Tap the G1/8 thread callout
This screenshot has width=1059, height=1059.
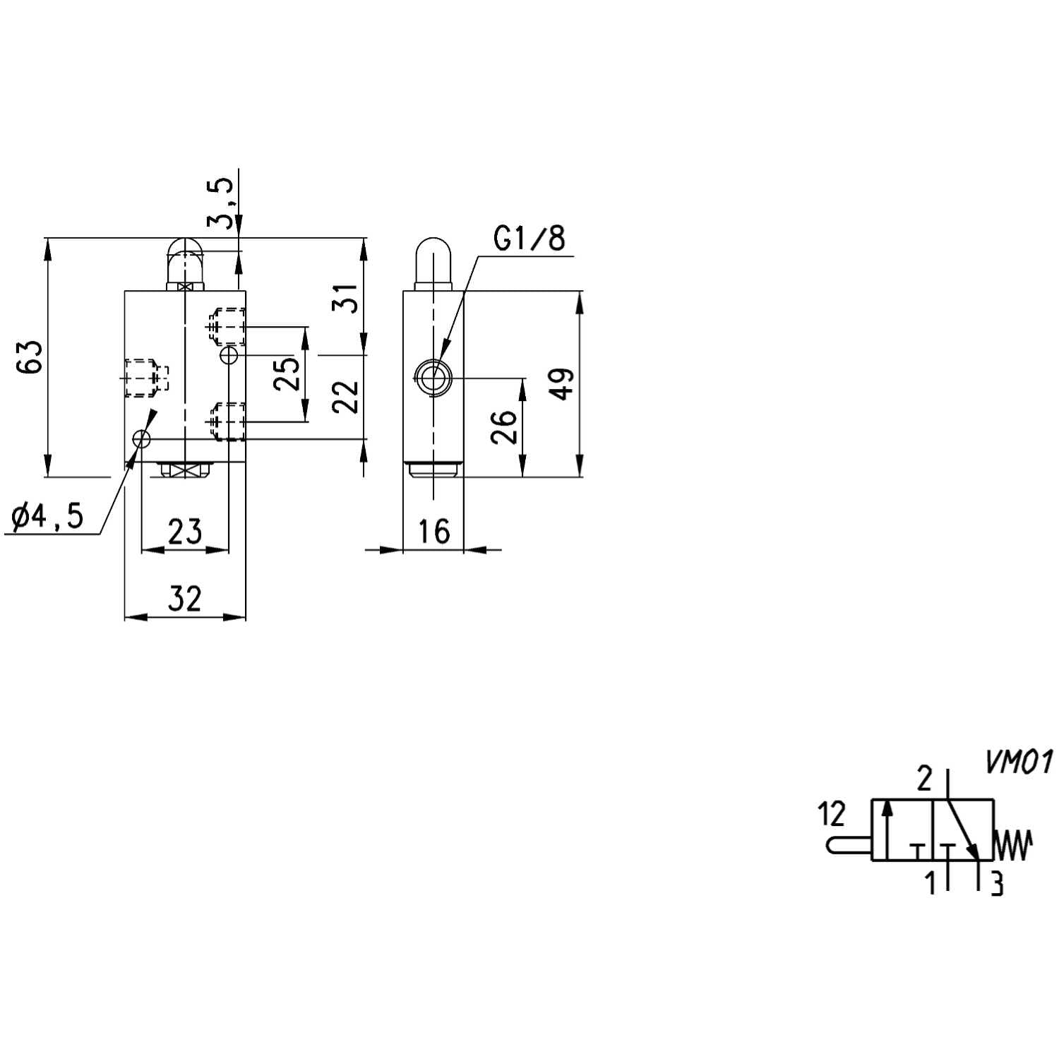point(529,239)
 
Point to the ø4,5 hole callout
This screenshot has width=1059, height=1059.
point(48,517)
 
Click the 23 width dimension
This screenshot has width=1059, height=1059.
point(185,531)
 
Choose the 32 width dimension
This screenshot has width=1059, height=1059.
point(185,599)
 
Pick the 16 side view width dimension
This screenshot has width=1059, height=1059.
point(433,531)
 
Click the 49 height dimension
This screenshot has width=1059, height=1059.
point(563,383)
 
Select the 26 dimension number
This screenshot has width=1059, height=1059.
point(504,427)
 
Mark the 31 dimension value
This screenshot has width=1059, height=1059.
point(346,298)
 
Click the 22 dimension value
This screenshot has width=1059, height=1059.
point(346,397)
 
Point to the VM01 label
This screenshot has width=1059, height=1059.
point(1018,762)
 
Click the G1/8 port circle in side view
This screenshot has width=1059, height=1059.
point(433,378)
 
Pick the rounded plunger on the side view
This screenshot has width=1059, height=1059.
point(433,260)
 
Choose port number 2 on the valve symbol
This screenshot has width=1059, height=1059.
point(924,779)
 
